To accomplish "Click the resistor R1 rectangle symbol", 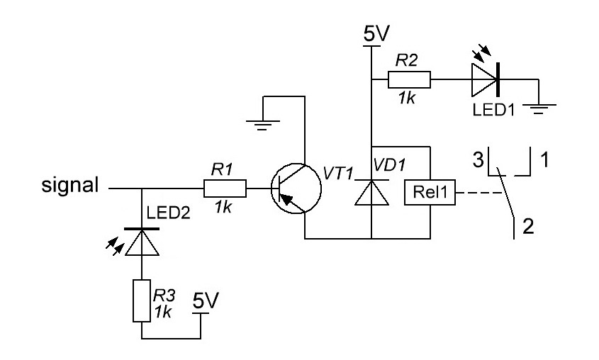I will [x=225, y=189].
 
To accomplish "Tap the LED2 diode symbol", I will [x=141, y=243].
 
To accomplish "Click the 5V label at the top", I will [x=371, y=33].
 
